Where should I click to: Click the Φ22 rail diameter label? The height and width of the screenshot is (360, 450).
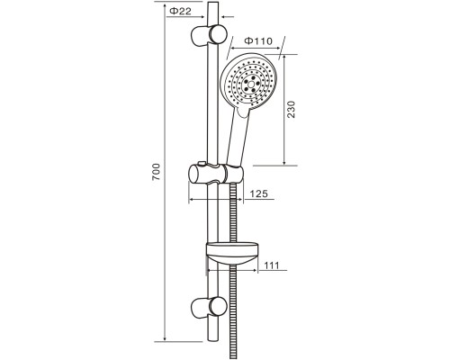click(x=180, y=11)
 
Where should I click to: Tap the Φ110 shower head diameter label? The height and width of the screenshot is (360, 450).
click(x=258, y=40)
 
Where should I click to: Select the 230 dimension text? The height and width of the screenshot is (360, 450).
click(x=291, y=110)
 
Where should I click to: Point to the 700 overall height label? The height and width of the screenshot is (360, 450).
click(x=156, y=172)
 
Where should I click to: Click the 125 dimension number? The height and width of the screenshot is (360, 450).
click(x=258, y=193)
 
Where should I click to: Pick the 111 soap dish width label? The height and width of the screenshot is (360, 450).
click(x=272, y=265)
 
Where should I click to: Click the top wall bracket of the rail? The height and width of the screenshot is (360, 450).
click(x=209, y=36)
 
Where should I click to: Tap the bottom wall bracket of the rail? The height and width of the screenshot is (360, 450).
click(x=209, y=309)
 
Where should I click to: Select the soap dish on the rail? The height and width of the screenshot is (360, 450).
click(x=231, y=253)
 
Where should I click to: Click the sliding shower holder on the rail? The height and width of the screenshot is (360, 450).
click(x=216, y=174)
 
